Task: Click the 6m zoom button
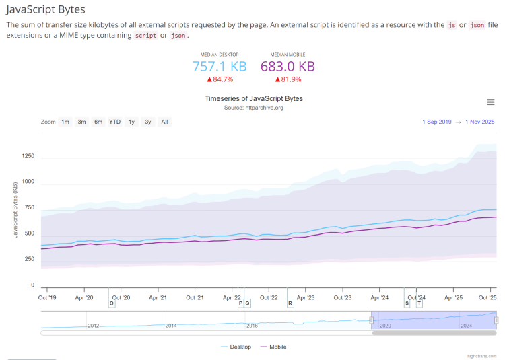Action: (98, 122)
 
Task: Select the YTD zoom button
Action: (115, 122)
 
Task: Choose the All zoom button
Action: (164, 122)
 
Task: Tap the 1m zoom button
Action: (65, 122)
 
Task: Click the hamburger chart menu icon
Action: (491, 102)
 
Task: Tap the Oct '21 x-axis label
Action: (195, 297)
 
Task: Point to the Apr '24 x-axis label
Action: (380, 297)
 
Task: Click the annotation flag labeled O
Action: (112, 303)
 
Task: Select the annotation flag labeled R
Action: (290, 303)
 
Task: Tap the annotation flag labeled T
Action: (419, 303)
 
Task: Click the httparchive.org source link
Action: (264, 108)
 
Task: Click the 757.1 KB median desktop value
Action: (220, 66)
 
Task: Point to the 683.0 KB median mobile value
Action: (288, 66)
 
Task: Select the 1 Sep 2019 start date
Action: (437, 122)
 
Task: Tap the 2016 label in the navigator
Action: (252, 326)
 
